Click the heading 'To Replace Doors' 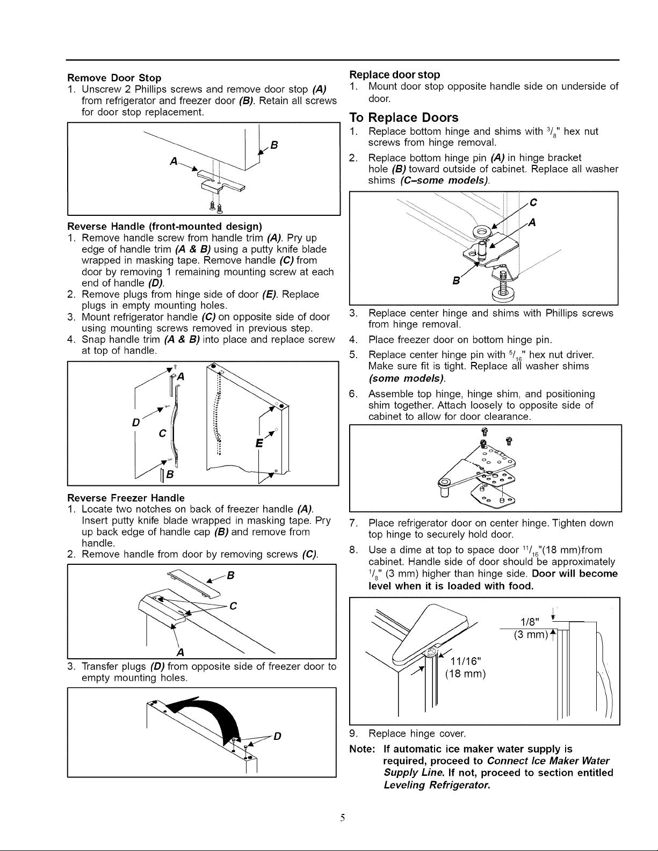click(404, 118)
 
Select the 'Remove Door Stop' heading click(114, 77)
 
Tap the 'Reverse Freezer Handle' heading click(126, 498)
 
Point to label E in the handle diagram click(259, 443)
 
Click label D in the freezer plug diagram click(277, 736)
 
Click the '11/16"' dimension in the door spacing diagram click(465, 661)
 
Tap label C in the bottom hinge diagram click(533, 202)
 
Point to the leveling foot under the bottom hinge click(503, 286)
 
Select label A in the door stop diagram click(174, 161)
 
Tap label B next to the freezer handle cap click(230, 575)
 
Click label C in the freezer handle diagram click(233, 606)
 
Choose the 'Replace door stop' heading click(395, 75)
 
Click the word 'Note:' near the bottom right click(362, 749)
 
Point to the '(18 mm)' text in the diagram click(465, 674)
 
